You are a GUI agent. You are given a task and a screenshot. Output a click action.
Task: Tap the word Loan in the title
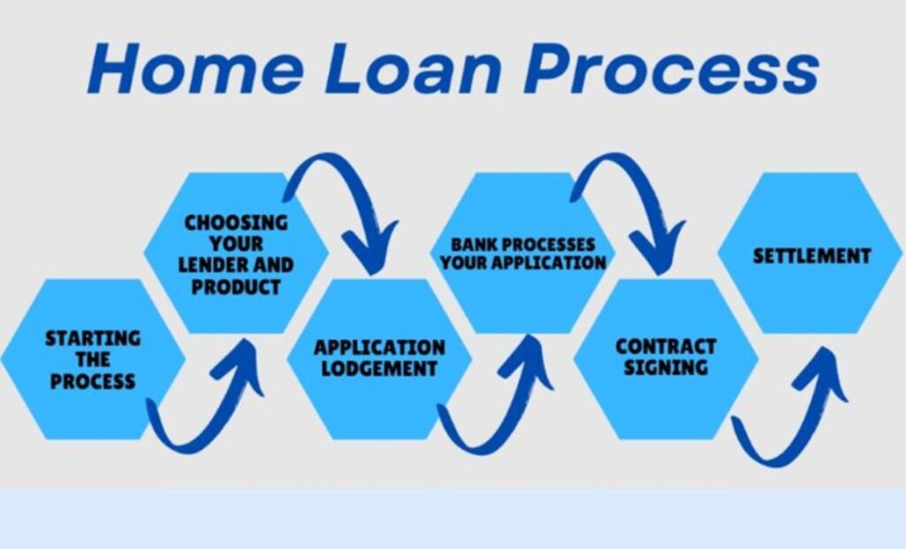pos(412,68)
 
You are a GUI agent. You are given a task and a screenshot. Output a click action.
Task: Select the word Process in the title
pos(671,68)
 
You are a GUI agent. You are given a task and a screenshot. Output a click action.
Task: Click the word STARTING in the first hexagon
pos(92,339)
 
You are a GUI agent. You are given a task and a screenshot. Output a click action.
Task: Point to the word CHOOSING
pos(235,223)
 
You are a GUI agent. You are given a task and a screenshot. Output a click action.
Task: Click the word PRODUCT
pos(235,287)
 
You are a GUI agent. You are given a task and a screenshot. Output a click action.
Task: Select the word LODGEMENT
pos(379,369)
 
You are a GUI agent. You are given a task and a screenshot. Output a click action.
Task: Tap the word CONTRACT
pos(665,347)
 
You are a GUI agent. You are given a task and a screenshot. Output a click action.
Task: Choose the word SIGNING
pos(665,368)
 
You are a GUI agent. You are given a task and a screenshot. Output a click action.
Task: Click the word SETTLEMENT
pos(812,256)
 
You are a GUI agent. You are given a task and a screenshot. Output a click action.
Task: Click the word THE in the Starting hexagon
pos(92,360)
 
